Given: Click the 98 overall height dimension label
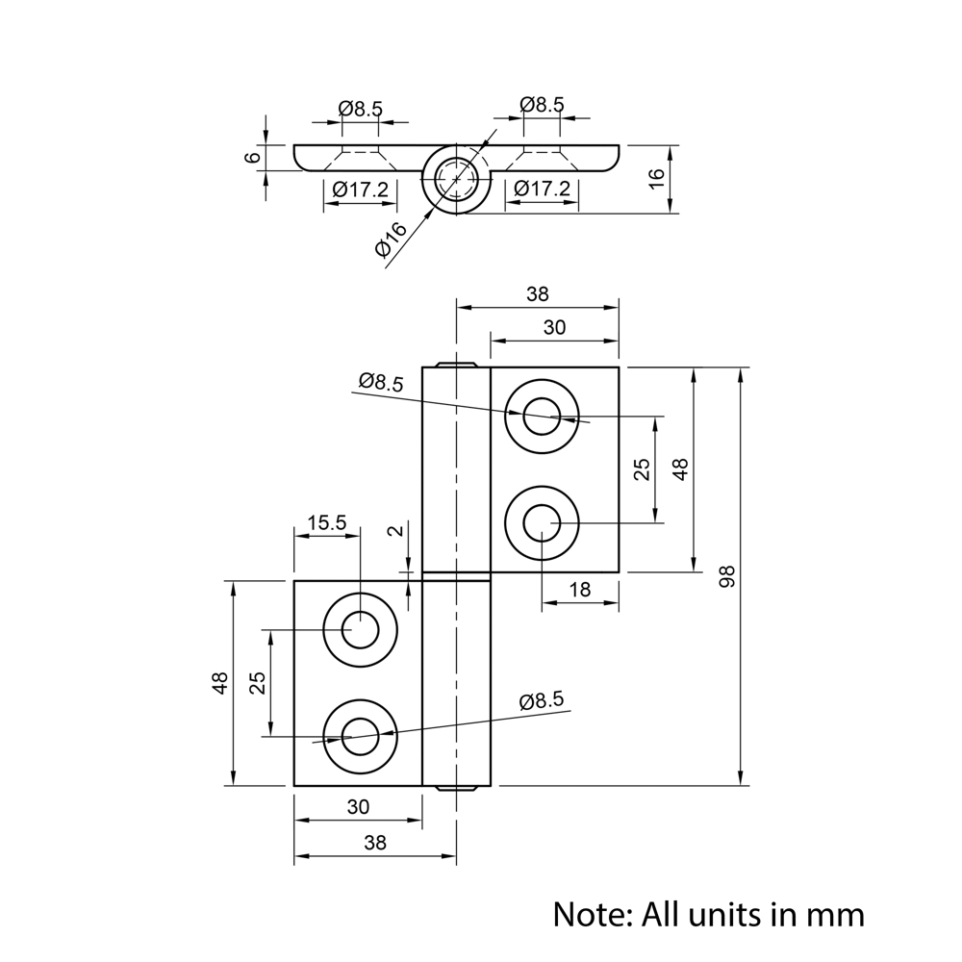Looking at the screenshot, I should [x=727, y=576].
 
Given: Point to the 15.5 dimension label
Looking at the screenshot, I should [x=326, y=523].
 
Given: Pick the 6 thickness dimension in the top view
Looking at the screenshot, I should [x=253, y=158].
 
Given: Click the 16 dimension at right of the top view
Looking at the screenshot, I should [x=656, y=178].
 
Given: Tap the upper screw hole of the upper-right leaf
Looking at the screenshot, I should [x=543, y=417].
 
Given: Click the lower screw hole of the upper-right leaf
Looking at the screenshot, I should [x=543, y=523].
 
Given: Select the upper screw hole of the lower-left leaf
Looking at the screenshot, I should [x=360, y=630].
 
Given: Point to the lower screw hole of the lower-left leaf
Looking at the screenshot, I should [x=360, y=737].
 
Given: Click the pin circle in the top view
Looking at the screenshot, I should [x=456, y=179].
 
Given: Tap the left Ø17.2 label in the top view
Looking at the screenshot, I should [x=361, y=190].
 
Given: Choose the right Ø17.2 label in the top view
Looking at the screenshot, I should [x=541, y=190].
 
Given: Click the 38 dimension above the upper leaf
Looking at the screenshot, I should [x=538, y=296].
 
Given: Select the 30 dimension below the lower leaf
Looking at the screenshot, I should [x=358, y=807].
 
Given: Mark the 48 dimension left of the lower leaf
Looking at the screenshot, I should [x=220, y=683].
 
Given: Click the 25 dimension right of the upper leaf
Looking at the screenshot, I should [x=642, y=469].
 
